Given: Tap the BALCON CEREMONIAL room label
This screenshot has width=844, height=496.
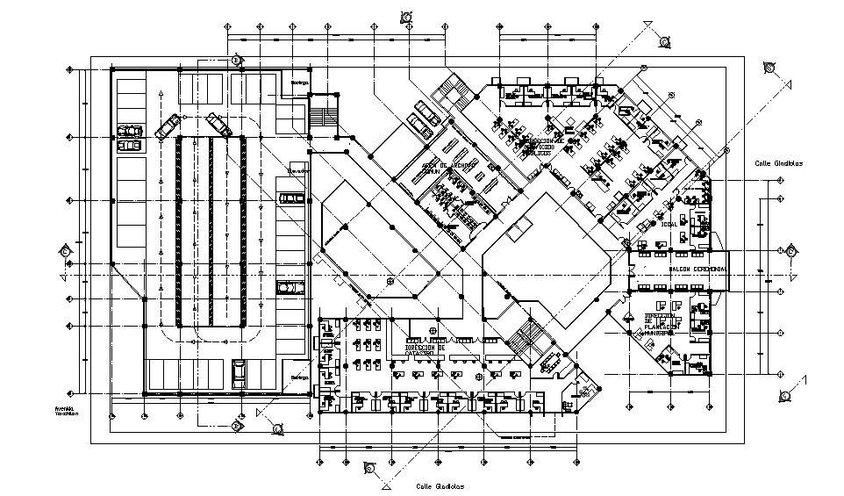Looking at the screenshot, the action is pyautogui.click(x=697, y=269).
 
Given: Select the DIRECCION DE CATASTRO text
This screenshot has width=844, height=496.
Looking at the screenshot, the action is pyautogui.click(x=426, y=350).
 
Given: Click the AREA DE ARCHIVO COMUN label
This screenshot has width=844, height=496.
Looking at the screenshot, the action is pyautogui.click(x=448, y=168).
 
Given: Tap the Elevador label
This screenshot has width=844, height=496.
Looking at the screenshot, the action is pyautogui.click(x=294, y=171).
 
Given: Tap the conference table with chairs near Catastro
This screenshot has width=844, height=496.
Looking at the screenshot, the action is pyautogui.click(x=552, y=361).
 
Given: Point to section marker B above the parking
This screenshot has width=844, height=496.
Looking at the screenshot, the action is pyautogui.click(x=237, y=59).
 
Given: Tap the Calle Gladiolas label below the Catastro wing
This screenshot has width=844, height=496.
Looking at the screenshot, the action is pyautogui.click(x=440, y=485).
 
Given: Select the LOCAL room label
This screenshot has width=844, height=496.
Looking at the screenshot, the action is pyautogui.click(x=657, y=223).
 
